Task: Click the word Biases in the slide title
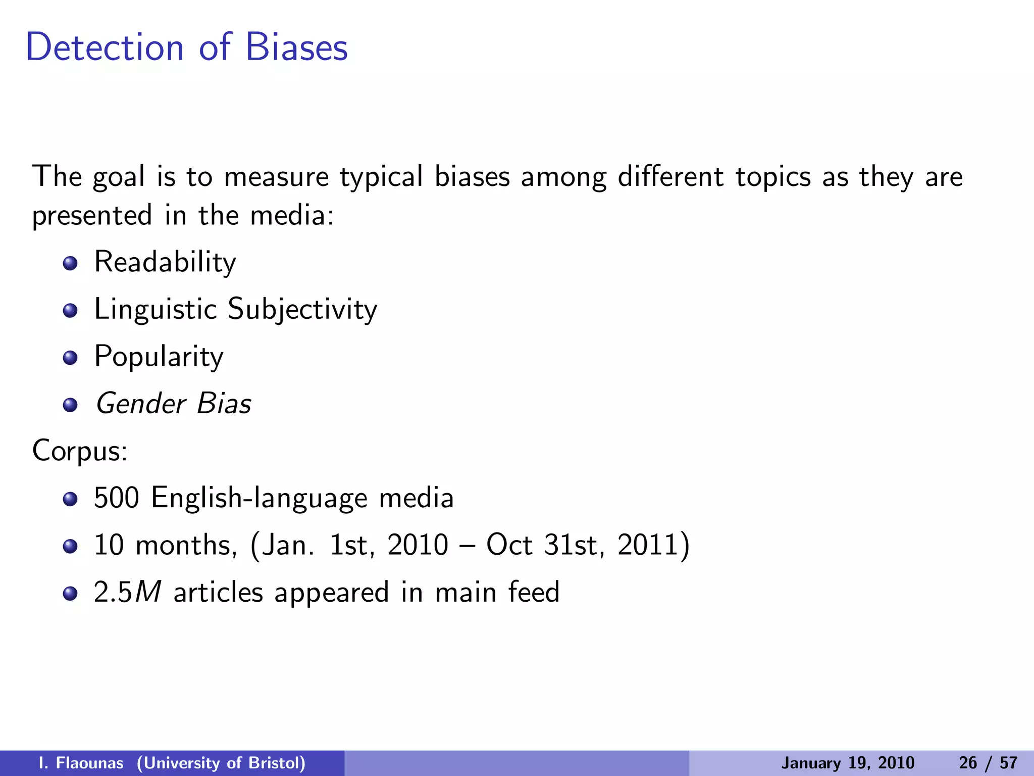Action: tap(296, 47)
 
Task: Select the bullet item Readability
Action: tap(165, 262)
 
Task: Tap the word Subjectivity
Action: tap(302, 309)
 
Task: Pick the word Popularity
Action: tap(159, 357)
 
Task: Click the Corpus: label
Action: tap(80, 451)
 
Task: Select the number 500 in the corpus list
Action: tap(116, 498)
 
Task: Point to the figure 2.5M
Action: tap(127, 592)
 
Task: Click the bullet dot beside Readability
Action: tap(70, 263)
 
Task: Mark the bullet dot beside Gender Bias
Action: tap(70, 405)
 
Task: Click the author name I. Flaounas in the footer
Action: tap(81, 763)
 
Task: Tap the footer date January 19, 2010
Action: tap(848, 763)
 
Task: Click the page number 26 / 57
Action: tap(988, 763)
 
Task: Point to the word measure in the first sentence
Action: tap(276, 177)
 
